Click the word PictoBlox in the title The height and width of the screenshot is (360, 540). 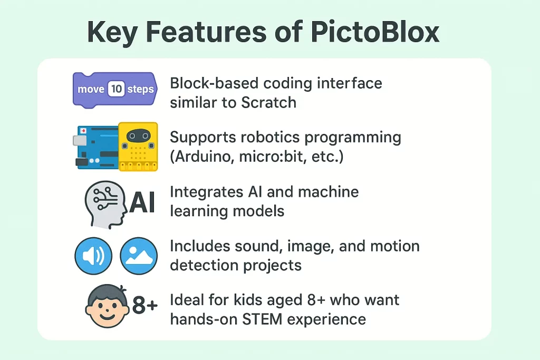click(x=375, y=32)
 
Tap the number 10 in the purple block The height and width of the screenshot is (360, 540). click(x=117, y=89)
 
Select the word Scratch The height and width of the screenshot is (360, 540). click(x=268, y=103)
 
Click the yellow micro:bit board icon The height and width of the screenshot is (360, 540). click(x=138, y=147)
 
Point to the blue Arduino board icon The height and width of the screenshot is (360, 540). click(x=96, y=147)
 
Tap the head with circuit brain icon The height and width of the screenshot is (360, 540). click(x=105, y=205)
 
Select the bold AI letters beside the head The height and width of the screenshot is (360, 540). click(x=142, y=203)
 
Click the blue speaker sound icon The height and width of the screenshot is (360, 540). click(x=93, y=256)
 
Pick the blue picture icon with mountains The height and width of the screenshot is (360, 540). click(x=139, y=256)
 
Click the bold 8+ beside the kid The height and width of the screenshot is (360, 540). click(x=145, y=305)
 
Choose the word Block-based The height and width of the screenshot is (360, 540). click(x=214, y=83)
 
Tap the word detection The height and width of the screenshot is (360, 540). click(x=205, y=265)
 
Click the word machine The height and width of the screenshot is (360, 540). click(x=328, y=192)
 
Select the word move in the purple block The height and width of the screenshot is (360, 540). click(x=91, y=89)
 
